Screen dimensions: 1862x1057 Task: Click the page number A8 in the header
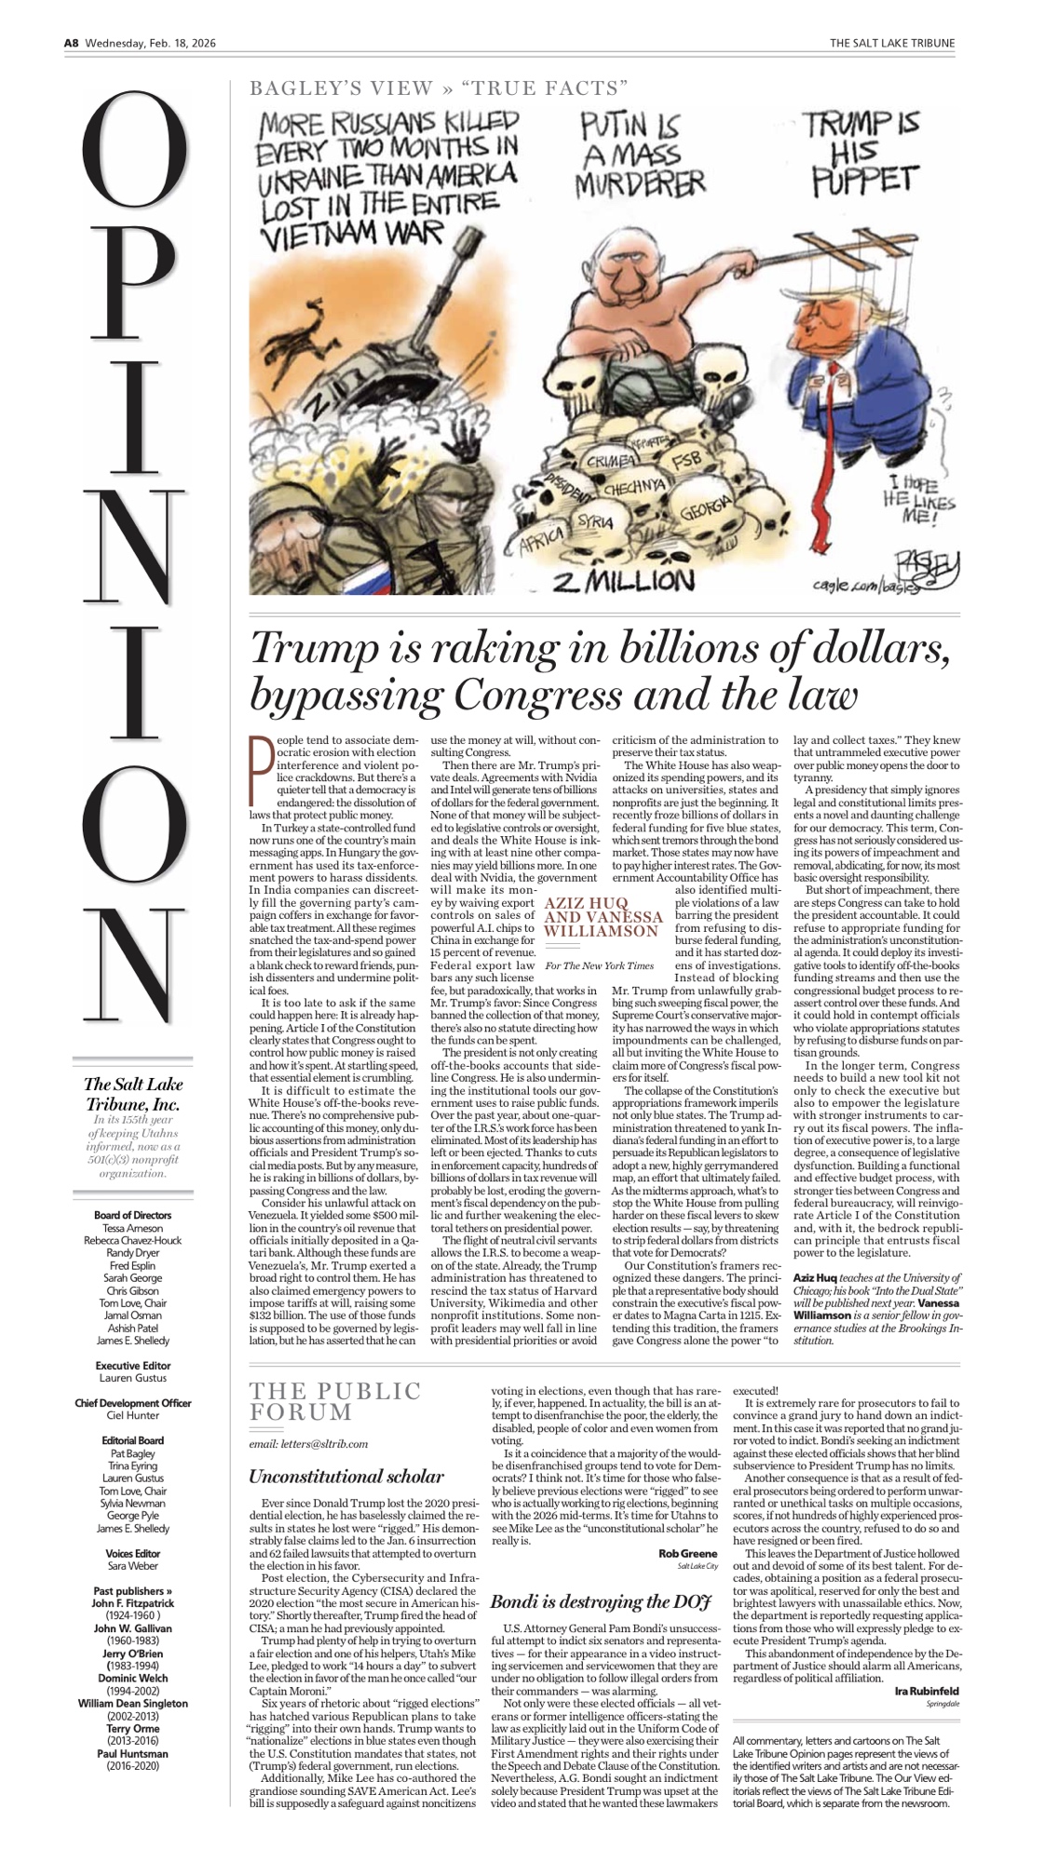(72, 43)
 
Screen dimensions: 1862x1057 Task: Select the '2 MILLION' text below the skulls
(623, 581)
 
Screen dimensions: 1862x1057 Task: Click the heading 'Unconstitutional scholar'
(346, 1476)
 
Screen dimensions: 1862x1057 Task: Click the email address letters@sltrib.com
(308, 1444)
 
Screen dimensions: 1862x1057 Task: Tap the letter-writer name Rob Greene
(687, 1553)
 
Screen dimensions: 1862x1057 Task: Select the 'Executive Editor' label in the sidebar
(133, 1365)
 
